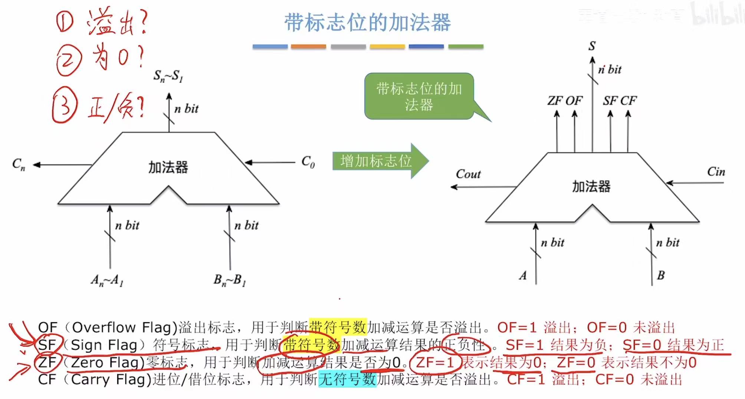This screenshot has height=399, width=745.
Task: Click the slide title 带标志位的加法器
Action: click(367, 23)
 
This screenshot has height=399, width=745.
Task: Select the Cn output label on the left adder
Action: click(19, 164)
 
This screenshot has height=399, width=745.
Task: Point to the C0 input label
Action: click(308, 162)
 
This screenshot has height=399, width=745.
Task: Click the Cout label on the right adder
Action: click(468, 174)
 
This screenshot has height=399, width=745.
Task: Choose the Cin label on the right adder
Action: click(716, 172)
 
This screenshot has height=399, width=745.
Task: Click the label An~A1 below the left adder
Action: click(107, 280)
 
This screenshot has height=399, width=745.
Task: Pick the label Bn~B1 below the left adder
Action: click(229, 280)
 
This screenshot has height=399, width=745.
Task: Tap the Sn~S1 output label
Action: click(168, 76)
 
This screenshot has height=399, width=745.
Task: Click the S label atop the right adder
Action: click(592, 46)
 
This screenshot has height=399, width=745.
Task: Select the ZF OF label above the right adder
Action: click(565, 101)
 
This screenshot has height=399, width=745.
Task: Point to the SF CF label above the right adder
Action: click(619, 101)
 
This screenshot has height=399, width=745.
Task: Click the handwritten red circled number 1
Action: click(65, 21)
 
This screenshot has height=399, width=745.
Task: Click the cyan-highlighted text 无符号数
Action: click(347, 379)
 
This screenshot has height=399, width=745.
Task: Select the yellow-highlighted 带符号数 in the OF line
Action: click(338, 327)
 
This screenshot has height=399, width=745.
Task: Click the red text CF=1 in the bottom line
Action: click(526, 380)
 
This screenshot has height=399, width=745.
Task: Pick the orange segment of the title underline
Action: click(308, 47)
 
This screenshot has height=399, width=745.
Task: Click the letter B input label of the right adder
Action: click(661, 276)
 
